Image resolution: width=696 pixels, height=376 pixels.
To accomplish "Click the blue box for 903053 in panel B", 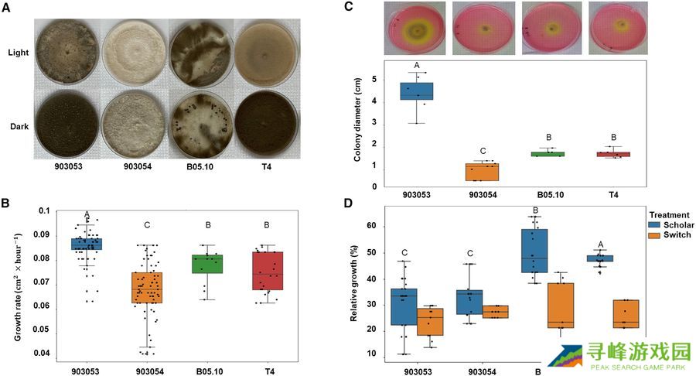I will pos(86,244).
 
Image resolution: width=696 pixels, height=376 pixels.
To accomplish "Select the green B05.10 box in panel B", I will pos(207,264).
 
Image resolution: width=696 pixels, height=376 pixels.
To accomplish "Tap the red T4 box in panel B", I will pos(268,271).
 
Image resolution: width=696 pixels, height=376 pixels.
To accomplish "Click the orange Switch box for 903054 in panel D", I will pos(495,312).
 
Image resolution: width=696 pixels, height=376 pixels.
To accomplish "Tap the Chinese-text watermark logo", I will pos(619,356).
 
